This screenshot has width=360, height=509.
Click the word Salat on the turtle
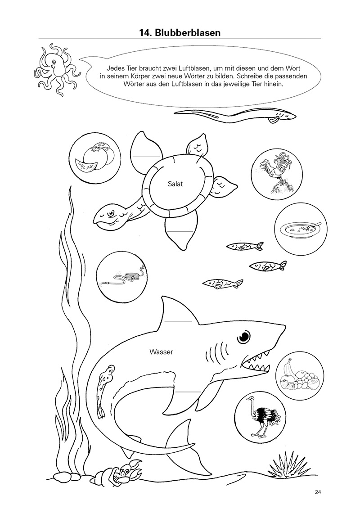[x=175, y=184]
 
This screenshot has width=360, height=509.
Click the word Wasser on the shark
[x=162, y=351]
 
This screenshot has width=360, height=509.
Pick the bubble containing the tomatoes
[x=95, y=157]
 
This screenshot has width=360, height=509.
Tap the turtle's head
[x=110, y=216]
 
